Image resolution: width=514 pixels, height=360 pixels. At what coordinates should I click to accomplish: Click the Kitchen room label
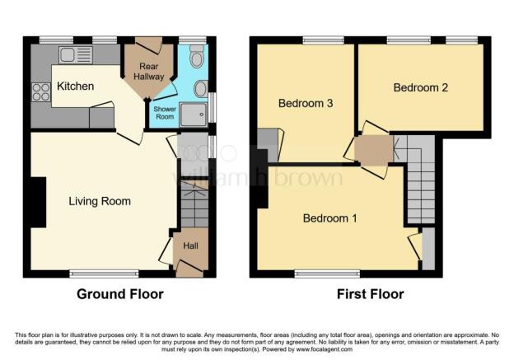[x=75, y=86]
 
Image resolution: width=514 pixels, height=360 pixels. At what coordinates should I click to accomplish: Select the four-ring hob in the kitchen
[x=40, y=93]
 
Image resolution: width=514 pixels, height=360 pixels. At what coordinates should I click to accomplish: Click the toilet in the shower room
[x=196, y=57]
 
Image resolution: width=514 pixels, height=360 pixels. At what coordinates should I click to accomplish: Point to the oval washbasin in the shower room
[x=199, y=88]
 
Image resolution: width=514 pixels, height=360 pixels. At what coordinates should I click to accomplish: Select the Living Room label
[x=99, y=201]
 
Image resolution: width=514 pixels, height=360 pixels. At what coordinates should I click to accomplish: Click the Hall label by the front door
[x=189, y=245]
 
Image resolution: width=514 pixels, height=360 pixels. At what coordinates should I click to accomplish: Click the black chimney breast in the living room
[x=37, y=200]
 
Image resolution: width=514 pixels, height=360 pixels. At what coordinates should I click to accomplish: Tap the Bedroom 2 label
[x=420, y=87]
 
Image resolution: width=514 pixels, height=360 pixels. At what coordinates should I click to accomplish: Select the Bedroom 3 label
[x=305, y=103]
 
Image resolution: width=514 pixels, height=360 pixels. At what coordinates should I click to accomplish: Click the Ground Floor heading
[x=120, y=294]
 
